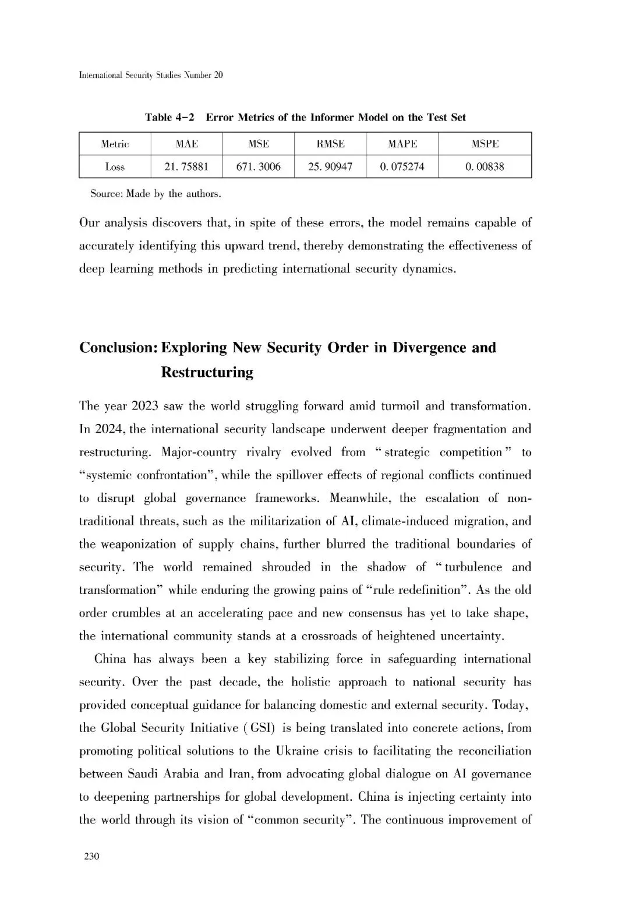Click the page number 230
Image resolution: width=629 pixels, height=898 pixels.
[x=92, y=856]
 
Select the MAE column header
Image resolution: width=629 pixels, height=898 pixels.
[x=186, y=144]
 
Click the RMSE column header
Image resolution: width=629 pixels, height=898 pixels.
[x=330, y=144]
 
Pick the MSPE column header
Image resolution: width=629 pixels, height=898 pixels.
[x=485, y=144]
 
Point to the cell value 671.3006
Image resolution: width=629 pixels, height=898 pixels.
[x=258, y=167]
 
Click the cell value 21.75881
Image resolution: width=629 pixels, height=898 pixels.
[x=186, y=167]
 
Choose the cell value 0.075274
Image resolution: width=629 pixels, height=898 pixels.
[x=402, y=167]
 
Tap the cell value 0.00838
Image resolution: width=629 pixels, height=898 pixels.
[x=485, y=167]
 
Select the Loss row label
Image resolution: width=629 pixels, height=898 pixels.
[x=115, y=167]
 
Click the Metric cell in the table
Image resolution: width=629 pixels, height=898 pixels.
[x=115, y=144]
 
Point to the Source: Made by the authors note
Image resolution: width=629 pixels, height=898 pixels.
[x=156, y=194]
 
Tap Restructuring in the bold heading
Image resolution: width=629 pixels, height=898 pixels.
[x=207, y=372]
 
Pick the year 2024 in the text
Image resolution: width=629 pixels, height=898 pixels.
[x=108, y=429]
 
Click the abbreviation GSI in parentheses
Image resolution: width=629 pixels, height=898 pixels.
[x=262, y=728]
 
